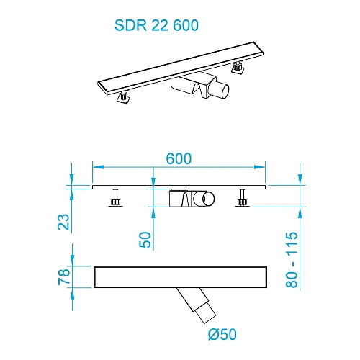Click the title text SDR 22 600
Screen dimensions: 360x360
click(x=156, y=25)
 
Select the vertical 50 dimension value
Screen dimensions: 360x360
click(x=147, y=239)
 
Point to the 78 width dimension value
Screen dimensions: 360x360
click(x=65, y=276)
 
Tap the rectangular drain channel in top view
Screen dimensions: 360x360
click(x=180, y=276)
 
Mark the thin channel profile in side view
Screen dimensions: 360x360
click(x=180, y=187)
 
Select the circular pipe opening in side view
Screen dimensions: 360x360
click(x=208, y=198)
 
